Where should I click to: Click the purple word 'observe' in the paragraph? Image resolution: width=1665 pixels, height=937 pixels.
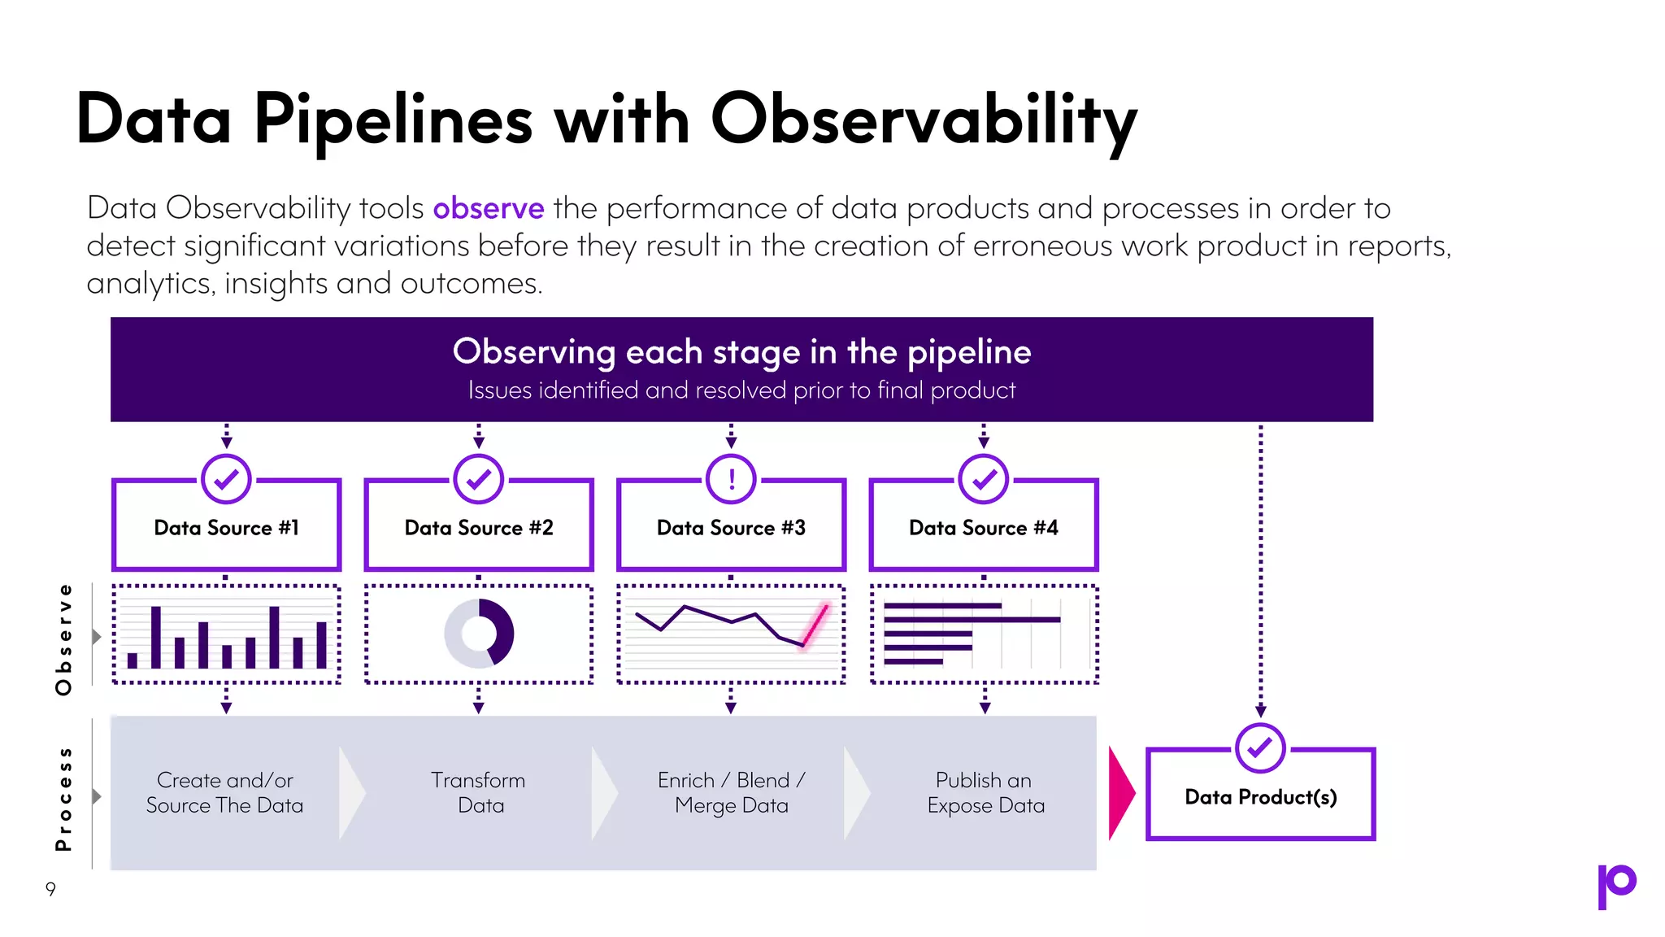coord(488,209)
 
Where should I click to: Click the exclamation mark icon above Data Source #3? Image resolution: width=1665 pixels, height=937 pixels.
coord(731,479)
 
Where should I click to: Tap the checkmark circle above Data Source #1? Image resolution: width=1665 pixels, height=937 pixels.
coord(226,479)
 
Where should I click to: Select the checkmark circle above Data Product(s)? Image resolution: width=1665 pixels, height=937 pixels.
coord(1260,747)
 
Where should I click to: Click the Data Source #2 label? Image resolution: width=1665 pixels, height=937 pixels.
coord(479,528)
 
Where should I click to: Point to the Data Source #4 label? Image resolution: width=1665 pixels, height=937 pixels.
coord(984,528)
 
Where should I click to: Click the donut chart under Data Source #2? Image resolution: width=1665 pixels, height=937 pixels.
coord(479,634)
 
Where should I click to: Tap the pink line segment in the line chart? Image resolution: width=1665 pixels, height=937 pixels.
coord(815,625)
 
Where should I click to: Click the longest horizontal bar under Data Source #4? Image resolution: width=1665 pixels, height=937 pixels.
coord(972,620)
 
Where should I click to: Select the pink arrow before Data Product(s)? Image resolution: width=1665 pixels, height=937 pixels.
coord(1120,793)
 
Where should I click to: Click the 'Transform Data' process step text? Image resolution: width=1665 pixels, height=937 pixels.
coord(479,793)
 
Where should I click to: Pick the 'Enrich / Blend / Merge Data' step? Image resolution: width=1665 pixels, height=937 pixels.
coord(731,793)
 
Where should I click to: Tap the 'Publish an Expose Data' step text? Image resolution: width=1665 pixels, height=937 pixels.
coord(985,793)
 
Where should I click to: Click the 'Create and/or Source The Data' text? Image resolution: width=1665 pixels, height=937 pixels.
coord(225,793)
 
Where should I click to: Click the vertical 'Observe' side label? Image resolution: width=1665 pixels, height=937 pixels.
coord(64,639)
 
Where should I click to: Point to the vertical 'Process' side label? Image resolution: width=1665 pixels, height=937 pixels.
coord(64,799)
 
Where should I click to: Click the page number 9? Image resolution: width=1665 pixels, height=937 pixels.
coord(50,889)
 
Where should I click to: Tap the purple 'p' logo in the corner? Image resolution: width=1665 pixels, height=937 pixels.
coord(1616,886)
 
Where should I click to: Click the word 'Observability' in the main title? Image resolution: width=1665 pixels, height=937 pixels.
coord(924,121)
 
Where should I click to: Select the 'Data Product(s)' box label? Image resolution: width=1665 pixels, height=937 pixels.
coord(1260,797)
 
